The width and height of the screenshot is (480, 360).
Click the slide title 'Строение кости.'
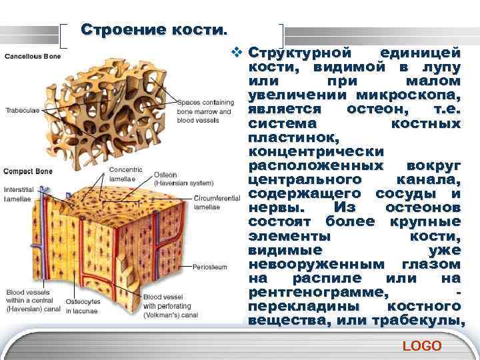(154, 31)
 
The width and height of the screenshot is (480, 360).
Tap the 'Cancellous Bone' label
(33, 56)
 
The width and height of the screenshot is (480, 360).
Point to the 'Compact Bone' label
(29, 172)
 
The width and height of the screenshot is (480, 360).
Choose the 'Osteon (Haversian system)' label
(183, 178)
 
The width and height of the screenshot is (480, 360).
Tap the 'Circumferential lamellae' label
(217, 203)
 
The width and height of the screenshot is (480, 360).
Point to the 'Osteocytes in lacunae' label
(83, 306)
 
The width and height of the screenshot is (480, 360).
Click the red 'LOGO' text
(422, 345)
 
